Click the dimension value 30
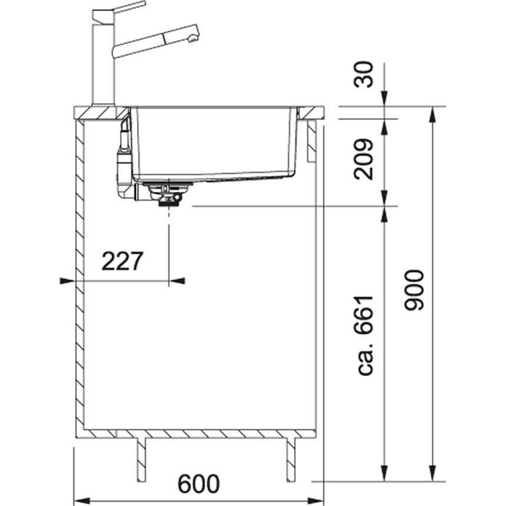[364, 74]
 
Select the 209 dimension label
[364, 159]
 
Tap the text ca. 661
[365, 335]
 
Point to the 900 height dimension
[414, 291]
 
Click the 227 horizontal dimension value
[122, 261]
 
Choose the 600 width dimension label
[199, 484]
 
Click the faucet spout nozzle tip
[192, 39]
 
